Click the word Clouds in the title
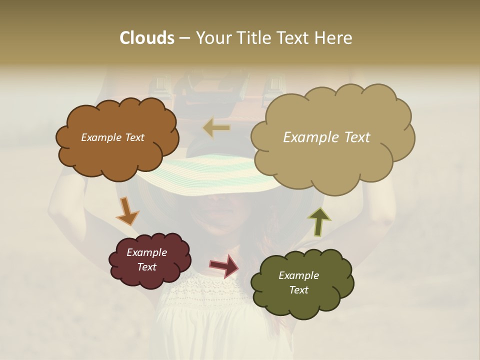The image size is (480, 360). coord(146,38)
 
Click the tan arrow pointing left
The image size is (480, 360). coord(216,128)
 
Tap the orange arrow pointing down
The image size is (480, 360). coord(127,211)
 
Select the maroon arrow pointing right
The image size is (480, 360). coord(224,265)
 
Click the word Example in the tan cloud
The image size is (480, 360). coord(307,137)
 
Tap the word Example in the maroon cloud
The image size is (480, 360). coord(146,252)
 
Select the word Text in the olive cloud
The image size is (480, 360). coord(298,290)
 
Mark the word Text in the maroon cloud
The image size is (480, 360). coord(146,267)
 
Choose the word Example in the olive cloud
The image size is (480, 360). coord(298,275)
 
